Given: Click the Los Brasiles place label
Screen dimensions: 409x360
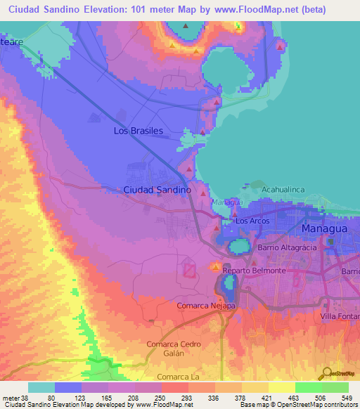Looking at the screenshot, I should click(x=139, y=131).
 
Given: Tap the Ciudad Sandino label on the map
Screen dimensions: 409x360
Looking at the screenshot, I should click(x=157, y=190).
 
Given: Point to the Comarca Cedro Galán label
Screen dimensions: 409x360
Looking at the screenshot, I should click(x=174, y=349).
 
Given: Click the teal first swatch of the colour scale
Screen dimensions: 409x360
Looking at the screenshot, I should click(x=41, y=387).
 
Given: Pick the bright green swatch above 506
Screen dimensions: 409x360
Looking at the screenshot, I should click(x=308, y=387).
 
